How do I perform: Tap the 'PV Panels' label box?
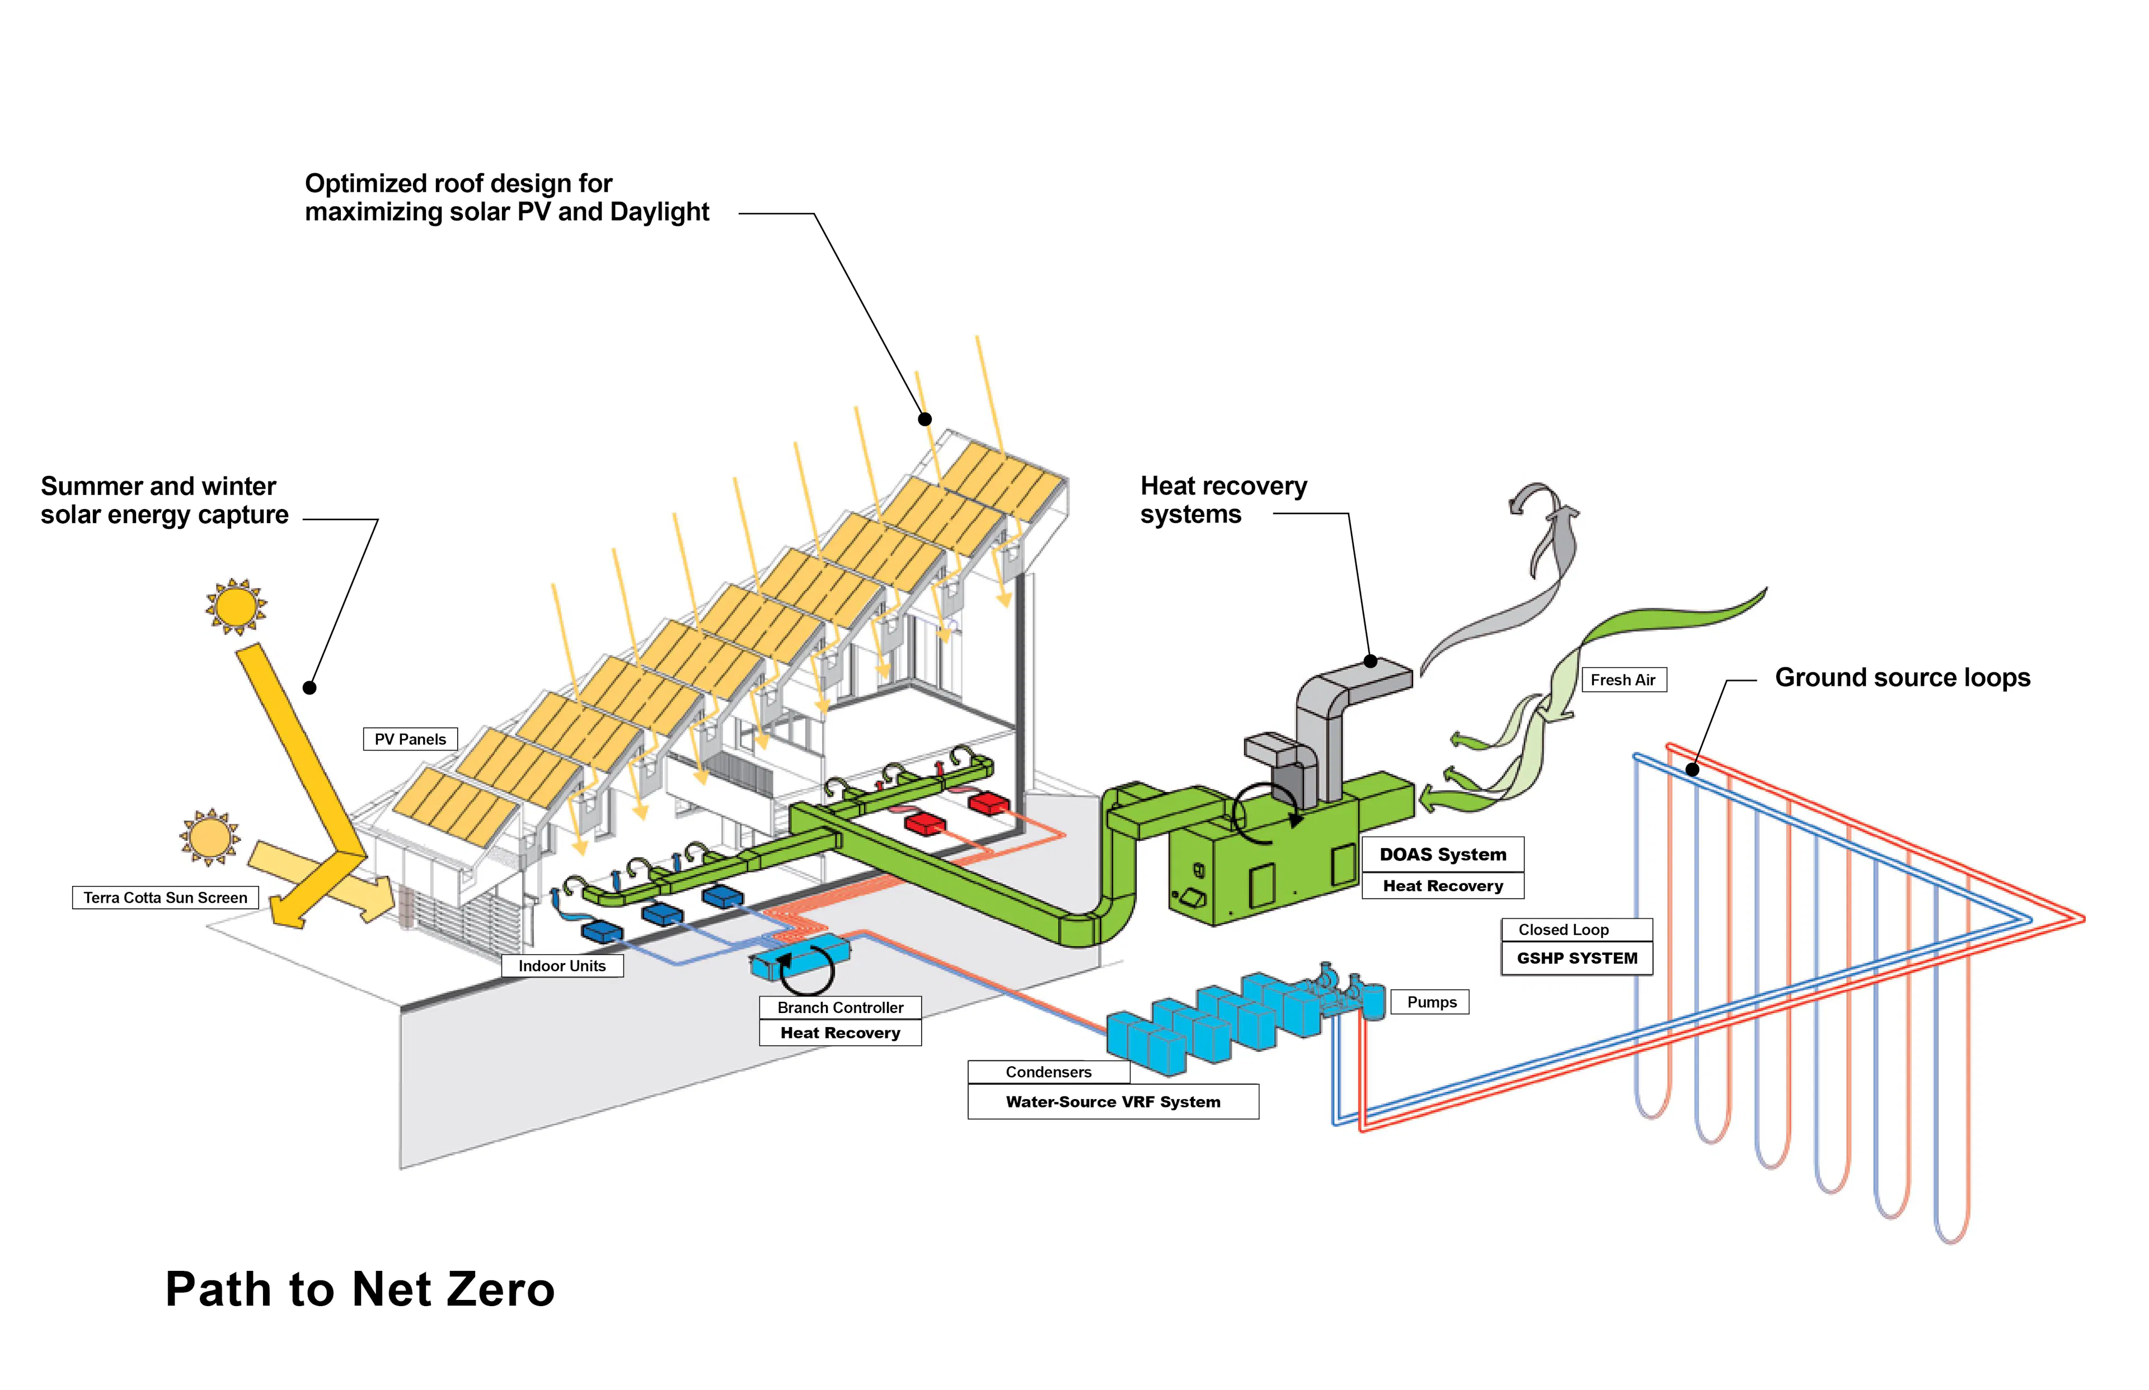click(410, 739)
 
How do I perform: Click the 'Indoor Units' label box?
click(562, 966)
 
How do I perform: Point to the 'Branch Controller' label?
click(840, 1007)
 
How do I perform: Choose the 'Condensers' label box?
click(1048, 1072)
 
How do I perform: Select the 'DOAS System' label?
click(1442, 855)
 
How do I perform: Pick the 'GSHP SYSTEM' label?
click(1576, 959)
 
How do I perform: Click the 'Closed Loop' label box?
click(1563, 930)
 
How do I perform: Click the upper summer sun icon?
click(237, 606)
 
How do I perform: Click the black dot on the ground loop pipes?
click(1692, 770)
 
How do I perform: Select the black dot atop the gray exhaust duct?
click(1370, 662)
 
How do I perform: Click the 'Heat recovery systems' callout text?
click(1223, 500)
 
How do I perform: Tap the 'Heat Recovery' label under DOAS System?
click(1442, 887)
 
